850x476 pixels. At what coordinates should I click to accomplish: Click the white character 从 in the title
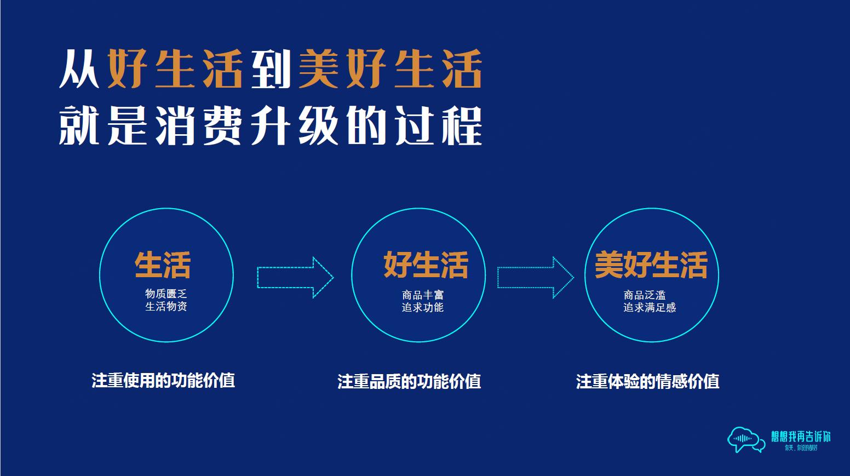click(x=79, y=70)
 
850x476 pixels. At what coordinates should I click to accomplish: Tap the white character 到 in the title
click(x=271, y=70)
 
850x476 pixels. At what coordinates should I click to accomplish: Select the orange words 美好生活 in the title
click(x=390, y=70)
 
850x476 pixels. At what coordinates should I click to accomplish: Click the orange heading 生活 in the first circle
click(x=163, y=265)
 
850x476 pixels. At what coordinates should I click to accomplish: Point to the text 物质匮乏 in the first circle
click(x=166, y=294)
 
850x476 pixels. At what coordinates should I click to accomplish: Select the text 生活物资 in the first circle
click(x=166, y=307)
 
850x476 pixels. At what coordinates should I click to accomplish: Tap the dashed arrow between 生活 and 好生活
click(x=295, y=277)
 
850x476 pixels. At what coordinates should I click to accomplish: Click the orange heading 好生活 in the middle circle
click(x=426, y=265)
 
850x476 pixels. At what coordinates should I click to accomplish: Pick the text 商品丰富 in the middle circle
click(x=422, y=295)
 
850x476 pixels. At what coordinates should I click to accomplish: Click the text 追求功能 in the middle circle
click(x=422, y=307)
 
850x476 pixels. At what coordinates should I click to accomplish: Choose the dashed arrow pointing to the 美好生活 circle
click(x=535, y=277)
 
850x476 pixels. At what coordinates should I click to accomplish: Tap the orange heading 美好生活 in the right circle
click(x=651, y=265)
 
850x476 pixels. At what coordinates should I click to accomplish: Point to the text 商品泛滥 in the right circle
click(x=645, y=295)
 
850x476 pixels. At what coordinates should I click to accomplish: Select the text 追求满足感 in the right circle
click(x=650, y=307)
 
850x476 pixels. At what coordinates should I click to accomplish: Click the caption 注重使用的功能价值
click(x=163, y=380)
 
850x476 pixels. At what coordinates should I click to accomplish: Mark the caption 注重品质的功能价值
click(x=409, y=381)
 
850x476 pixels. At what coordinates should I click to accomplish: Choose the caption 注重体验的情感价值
click(x=647, y=381)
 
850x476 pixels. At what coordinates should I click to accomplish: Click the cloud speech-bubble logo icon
click(x=745, y=439)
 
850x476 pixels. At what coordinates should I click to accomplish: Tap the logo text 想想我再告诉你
click(x=801, y=437)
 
